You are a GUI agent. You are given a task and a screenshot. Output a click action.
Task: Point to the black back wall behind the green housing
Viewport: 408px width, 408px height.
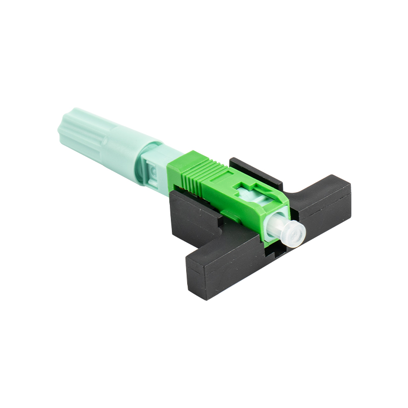pyautogui.click(x=255, y=171)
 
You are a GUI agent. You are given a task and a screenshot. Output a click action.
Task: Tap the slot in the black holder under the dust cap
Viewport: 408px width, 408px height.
pyautogui.click(x=278, y=250)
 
